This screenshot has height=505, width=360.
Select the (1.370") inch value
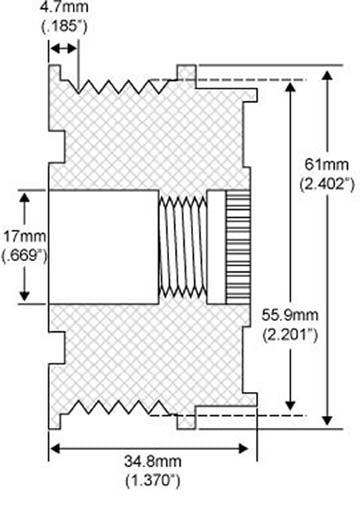point(150,482)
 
